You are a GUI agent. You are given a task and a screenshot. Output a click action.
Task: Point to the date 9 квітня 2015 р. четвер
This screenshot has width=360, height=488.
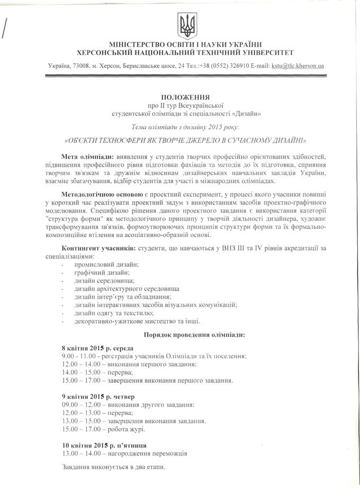coord(98,396)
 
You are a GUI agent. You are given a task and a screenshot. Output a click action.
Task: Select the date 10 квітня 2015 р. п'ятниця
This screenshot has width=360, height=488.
coord(104,445)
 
